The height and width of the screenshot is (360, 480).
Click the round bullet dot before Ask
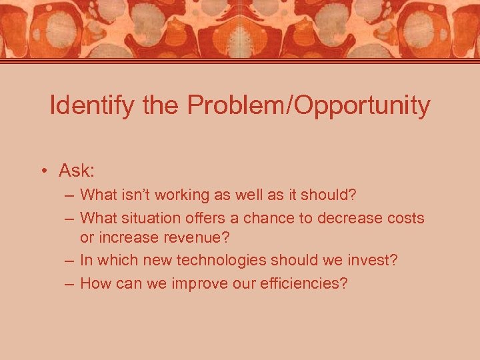43,171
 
